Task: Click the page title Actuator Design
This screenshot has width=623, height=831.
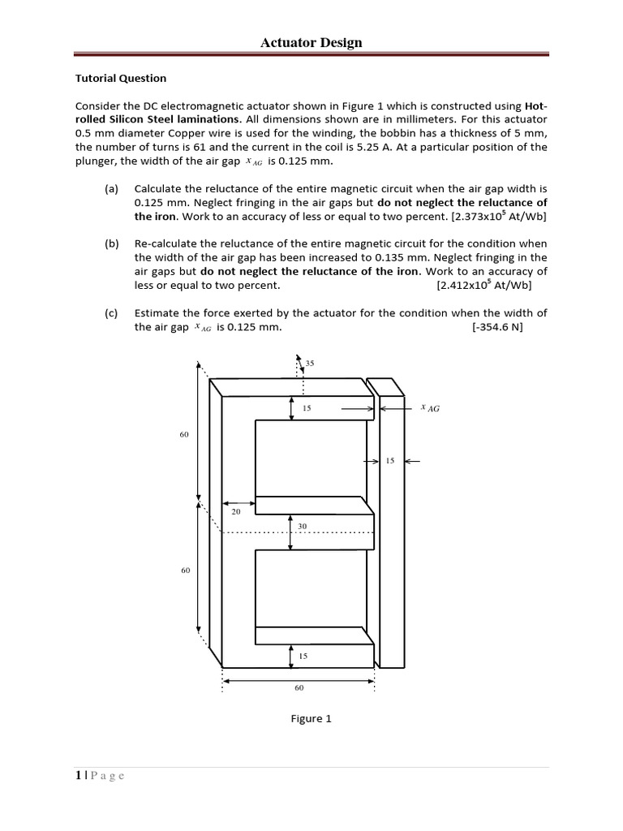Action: (311, 42)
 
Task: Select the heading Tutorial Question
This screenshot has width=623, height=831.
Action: (121, 79)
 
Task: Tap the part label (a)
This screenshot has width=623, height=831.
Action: (111, 188)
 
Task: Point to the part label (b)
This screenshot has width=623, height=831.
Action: (111, 243)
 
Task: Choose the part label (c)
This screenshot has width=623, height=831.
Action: (111, 313)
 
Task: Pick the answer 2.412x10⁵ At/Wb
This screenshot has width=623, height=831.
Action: (484, 286)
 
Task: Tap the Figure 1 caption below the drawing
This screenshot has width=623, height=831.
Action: (311, 718)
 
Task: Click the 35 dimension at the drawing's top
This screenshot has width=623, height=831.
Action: (309, 363)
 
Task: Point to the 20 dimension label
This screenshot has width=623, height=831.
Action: (236, 512)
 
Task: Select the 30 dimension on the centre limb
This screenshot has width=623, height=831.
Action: (302, 527)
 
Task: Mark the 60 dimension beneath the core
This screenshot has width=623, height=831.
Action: (299, 687)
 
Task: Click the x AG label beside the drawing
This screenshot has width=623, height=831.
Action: (430, 408)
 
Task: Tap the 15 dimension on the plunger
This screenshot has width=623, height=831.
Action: (389, 461)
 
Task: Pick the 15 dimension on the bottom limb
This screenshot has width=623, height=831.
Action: (303, 655)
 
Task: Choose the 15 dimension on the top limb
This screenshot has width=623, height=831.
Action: (307, 408)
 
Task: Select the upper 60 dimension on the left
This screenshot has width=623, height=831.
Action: (184, 435)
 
